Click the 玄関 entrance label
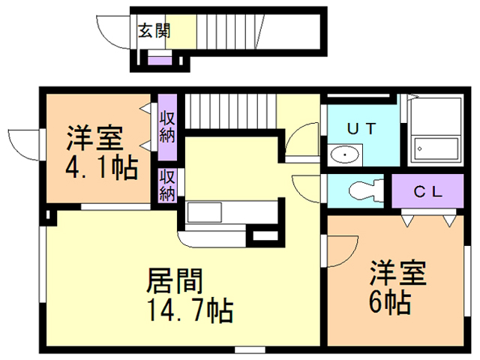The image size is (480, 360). [154, 31]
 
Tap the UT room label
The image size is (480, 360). [361, 128]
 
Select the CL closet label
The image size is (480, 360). [429, 190]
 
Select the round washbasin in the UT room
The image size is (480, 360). [345, 156]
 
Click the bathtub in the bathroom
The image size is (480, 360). [435, 148]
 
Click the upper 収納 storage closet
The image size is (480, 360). [166, 127]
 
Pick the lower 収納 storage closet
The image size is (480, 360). [166, 185]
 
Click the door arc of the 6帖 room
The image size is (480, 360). [337, 248]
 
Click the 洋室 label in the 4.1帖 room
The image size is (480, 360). [93, 139]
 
